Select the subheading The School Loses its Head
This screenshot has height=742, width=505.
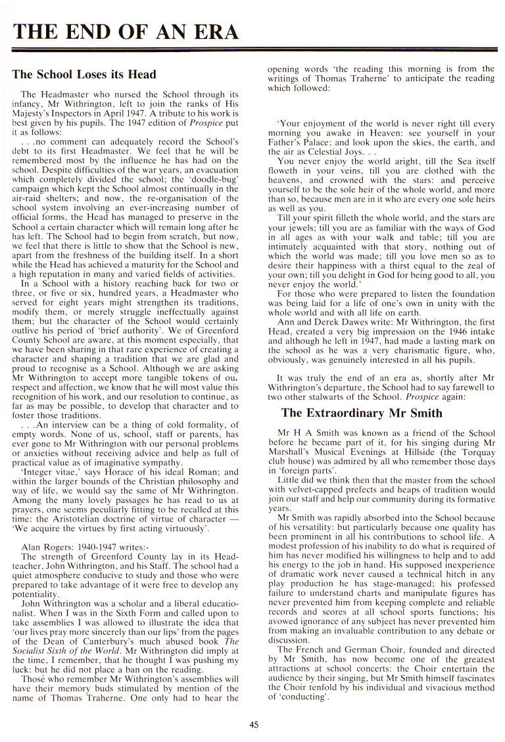pyautogui.click(x=84, y=74)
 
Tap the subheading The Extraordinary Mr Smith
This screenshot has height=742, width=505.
pyautogui.click(x=362, y=413)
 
